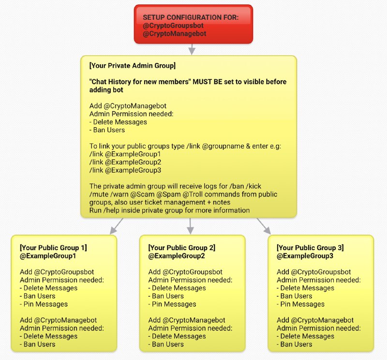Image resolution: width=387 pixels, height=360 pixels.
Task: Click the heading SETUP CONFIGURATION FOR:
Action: [x=191, y=17]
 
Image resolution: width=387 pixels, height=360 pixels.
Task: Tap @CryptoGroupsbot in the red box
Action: [x=173, y=26]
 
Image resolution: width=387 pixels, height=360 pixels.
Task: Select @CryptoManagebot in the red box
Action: [x=175, y=33]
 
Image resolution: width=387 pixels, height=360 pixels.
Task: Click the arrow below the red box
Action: [x=192, y=49]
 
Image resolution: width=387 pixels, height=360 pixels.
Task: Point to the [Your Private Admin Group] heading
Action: [x=133, y=65]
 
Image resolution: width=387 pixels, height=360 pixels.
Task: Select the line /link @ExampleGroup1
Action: [x=125, y=154]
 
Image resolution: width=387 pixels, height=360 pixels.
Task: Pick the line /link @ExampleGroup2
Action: [x=125, y=162]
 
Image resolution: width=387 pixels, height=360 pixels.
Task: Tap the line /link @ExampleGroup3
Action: [x=125, y=170]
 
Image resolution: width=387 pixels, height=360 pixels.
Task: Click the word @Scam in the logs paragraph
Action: [x=142, y=195]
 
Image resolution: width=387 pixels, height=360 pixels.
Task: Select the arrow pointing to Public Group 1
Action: [x=117, y=226]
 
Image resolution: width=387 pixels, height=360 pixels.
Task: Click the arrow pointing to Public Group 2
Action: [x=190, y=226]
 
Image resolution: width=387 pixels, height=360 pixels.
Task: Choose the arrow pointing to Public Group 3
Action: [x=264, y=226]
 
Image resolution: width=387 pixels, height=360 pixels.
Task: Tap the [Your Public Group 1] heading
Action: [x=53, y=248]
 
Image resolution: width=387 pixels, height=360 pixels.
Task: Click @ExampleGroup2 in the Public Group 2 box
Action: [x=177, y=256]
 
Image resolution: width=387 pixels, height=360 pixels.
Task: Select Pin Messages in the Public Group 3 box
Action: [x=302, y=304]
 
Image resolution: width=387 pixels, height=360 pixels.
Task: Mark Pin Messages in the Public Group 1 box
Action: [x=45, y=304]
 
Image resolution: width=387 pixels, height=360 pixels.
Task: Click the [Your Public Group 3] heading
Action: [x=310, y=248]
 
